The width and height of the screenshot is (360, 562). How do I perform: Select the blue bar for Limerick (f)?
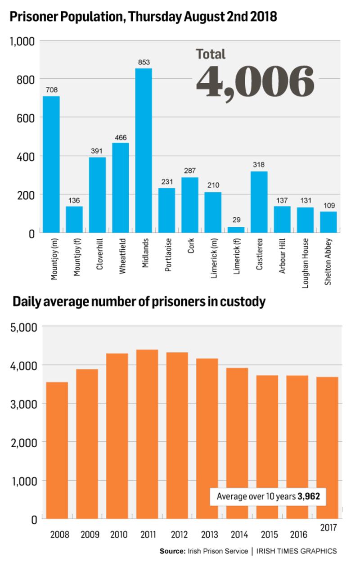[x=236, y=230]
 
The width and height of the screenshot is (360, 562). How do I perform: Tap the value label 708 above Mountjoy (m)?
[x=51, y=90]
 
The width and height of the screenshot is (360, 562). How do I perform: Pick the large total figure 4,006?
[x=255, y=82]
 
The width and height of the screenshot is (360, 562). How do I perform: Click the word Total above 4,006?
[x=211, y=54]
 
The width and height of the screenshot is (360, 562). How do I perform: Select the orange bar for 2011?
[x=148, y=434]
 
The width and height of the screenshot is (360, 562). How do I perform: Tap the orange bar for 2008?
[x=57, y=450]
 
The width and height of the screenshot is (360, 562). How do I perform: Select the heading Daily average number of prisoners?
[x=139, y=302]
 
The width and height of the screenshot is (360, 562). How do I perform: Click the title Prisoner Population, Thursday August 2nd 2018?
[x=143, y=17]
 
